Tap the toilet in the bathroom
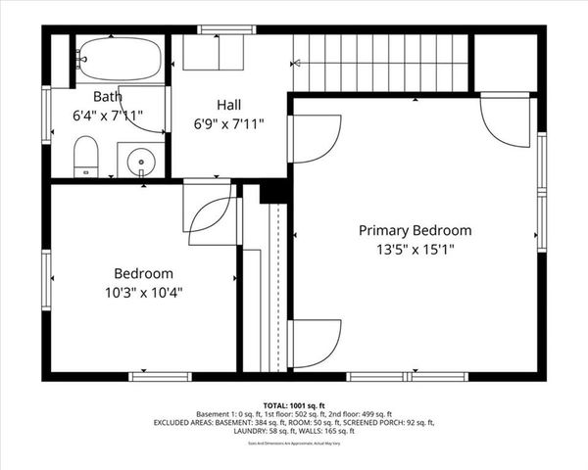click(86, 157)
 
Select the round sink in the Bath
click(142, 160)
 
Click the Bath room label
click(107, 97)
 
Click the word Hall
click(228, 104)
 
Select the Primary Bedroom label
click(415, 231)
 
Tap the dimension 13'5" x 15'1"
click(415, 250)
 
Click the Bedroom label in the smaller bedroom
click(143, 273)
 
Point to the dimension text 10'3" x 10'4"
click(143, 292)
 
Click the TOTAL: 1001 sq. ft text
click(293, 403)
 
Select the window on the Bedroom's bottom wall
click(162, 376)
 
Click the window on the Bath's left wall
click(45, 116)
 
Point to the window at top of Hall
click(220, 29)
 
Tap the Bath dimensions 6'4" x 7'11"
click(107, 116)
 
